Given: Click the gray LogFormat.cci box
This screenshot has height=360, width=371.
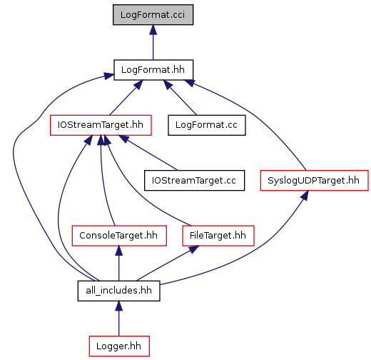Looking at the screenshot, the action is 153,14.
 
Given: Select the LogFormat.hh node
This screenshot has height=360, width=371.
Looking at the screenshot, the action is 153,70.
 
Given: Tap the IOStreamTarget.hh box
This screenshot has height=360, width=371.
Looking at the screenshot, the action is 101,125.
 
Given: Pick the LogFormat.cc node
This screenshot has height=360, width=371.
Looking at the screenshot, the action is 207,125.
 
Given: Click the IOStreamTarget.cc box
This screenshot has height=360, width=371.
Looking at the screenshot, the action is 194,181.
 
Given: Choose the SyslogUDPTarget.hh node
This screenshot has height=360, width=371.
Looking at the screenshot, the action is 314,181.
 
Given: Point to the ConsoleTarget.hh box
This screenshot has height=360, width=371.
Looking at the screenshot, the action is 119,236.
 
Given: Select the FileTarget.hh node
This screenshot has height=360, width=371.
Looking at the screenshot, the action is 218,236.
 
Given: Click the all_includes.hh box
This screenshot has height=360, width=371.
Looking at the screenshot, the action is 118,291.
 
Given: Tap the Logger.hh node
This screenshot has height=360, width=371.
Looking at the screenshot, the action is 119,346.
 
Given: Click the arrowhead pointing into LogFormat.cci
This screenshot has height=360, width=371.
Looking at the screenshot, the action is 153,29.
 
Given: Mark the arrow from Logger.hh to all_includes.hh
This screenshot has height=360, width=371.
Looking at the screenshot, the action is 119,319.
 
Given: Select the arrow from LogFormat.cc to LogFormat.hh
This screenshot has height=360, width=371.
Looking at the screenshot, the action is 180,98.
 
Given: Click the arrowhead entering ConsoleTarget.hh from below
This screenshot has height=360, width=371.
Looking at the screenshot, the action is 119,251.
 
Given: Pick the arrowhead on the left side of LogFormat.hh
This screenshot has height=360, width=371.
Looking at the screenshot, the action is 109,76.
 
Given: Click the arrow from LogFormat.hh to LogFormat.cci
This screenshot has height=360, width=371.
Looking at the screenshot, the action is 153,42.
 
